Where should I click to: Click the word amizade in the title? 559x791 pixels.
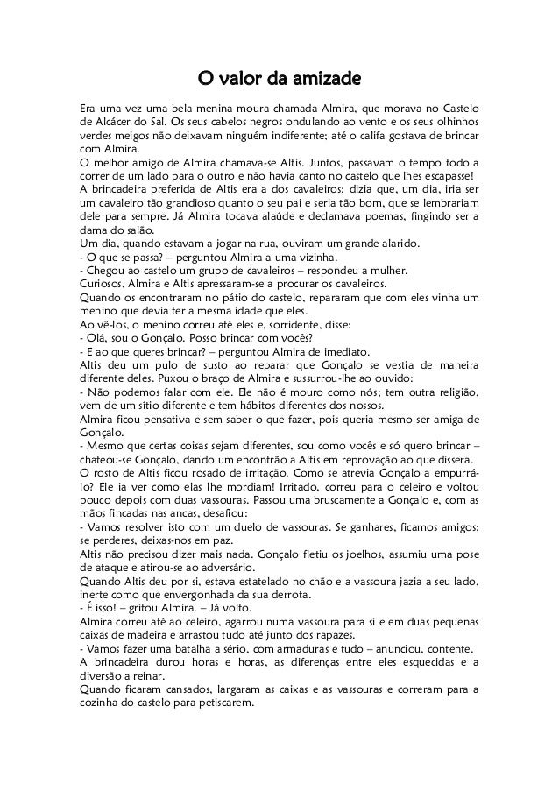tap(327, 81)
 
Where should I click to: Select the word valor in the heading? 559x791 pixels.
tap(242, 81)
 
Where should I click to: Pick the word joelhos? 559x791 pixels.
tap(320, 556)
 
